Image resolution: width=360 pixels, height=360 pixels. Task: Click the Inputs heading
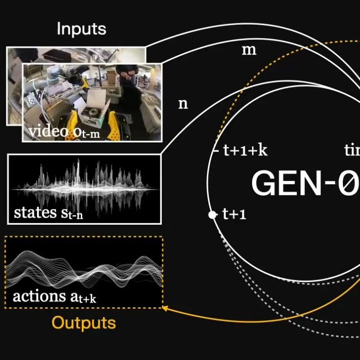tap(81, 29)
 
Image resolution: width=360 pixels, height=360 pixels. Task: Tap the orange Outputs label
tap(84, 323)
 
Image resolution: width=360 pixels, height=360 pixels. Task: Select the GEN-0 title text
tap(304, 183)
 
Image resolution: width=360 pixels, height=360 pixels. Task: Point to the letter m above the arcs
tap(249, 49)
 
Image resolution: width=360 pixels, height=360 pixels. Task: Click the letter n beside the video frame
tap(183, 104)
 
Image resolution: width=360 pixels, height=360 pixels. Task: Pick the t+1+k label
tap(245, 151)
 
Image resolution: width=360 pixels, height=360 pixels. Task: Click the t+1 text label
tap(234, 215)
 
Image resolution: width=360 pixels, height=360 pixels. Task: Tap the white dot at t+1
tap(212, 215)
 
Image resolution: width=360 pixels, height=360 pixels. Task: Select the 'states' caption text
tap(36, 212)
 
